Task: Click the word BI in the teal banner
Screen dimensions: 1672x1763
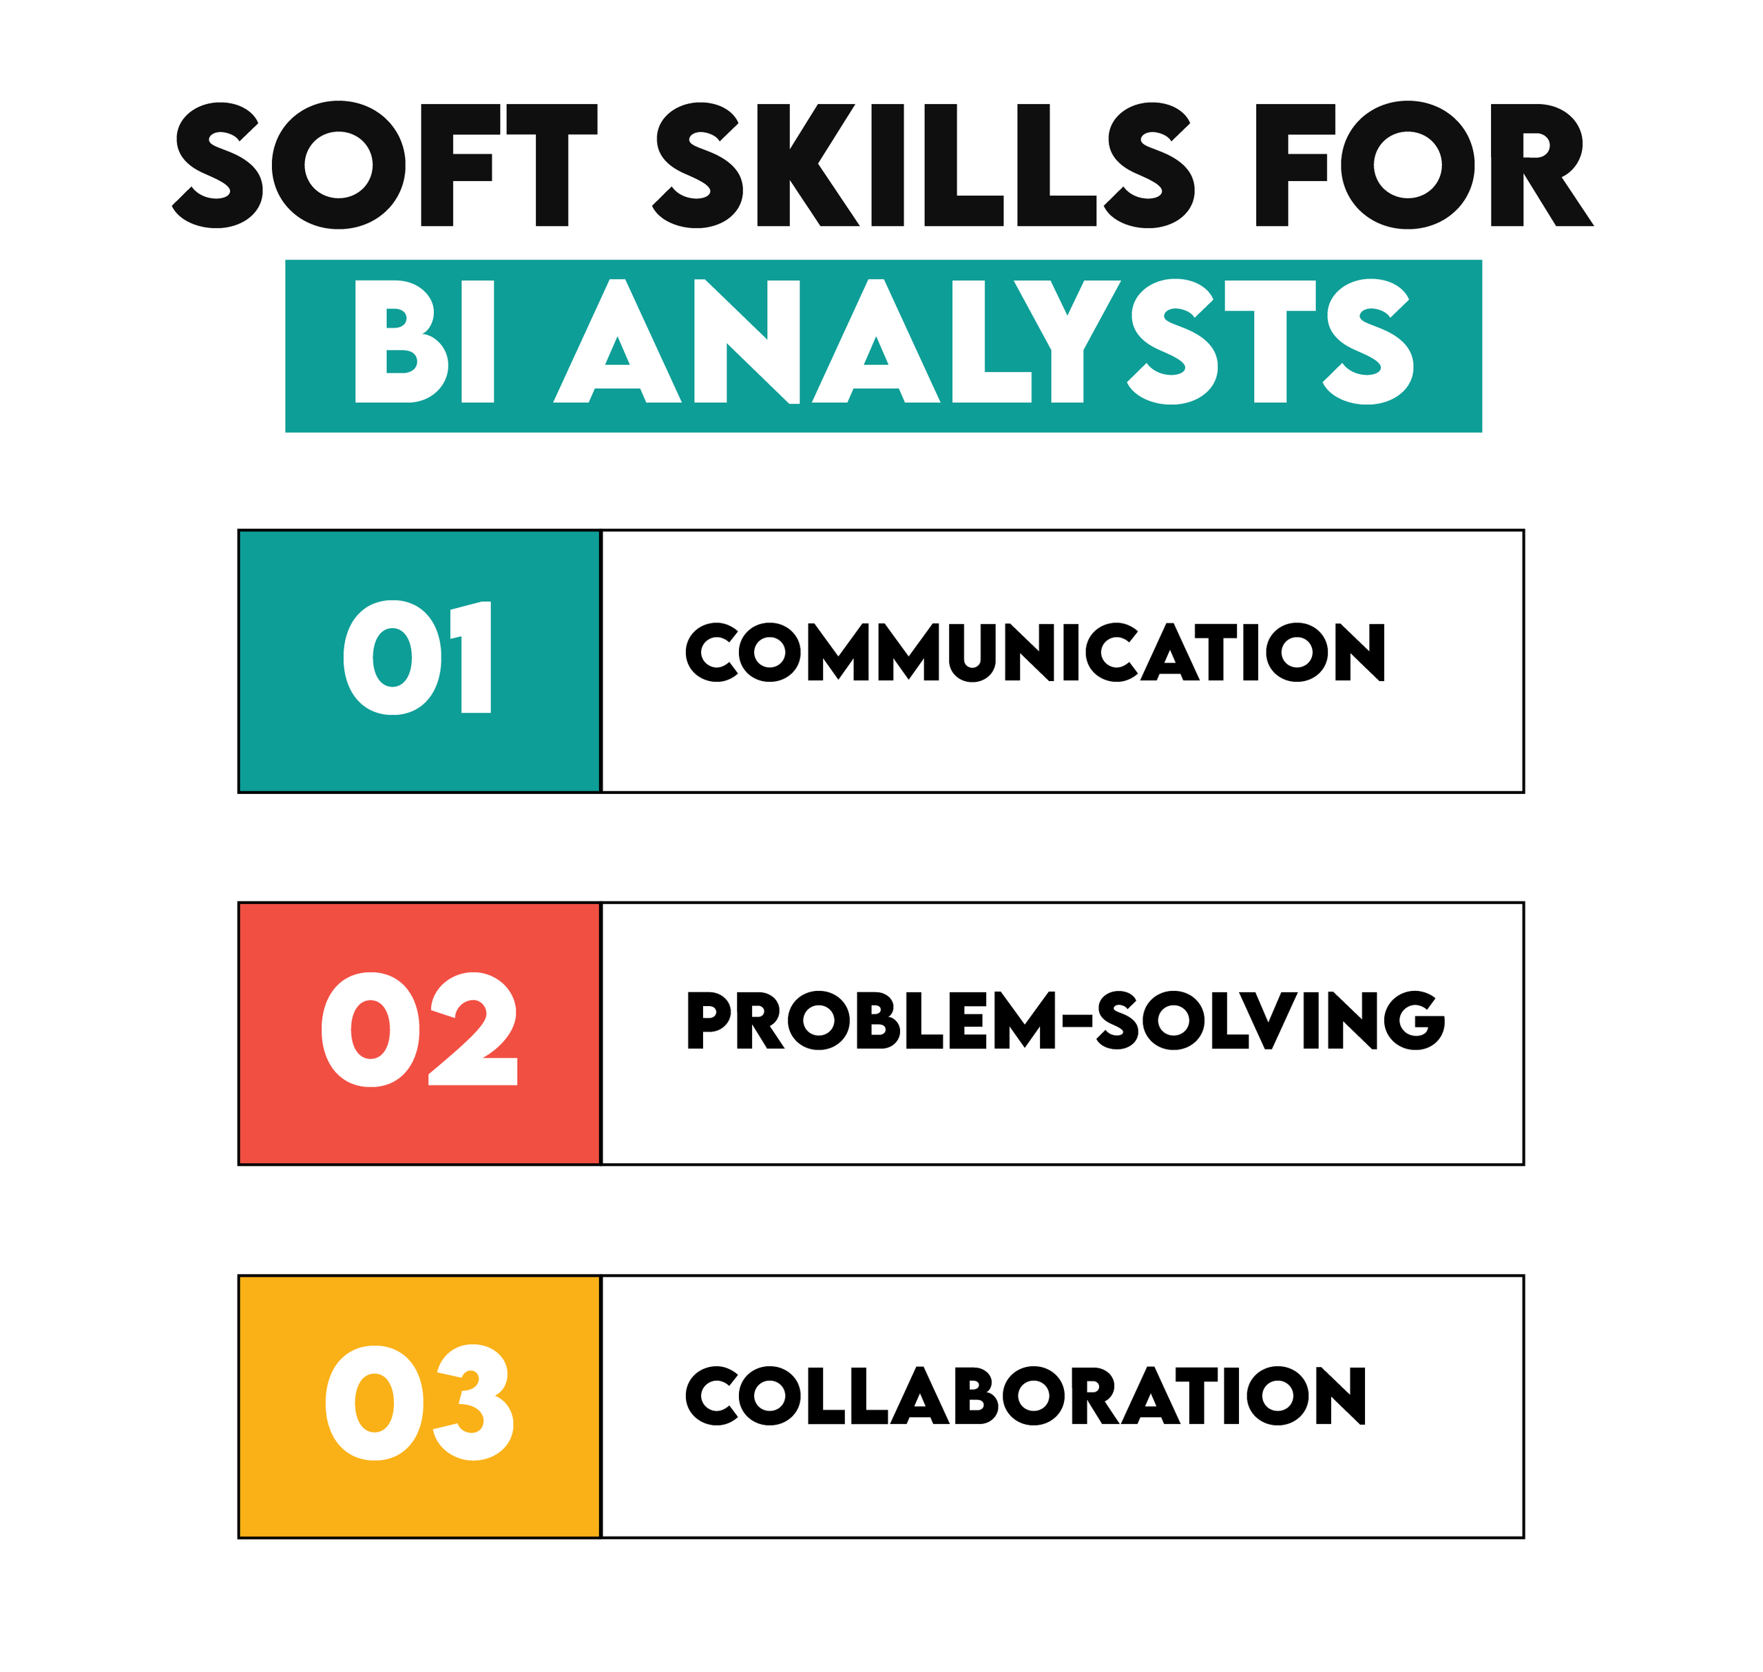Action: click(x=424, y=342)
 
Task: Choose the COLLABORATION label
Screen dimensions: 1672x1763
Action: click(x=1025, y=1396)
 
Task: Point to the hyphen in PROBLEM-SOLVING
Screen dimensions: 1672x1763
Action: click(x=1076, y=1021)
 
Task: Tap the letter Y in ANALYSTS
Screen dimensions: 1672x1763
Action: click(x=1067, y=342)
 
